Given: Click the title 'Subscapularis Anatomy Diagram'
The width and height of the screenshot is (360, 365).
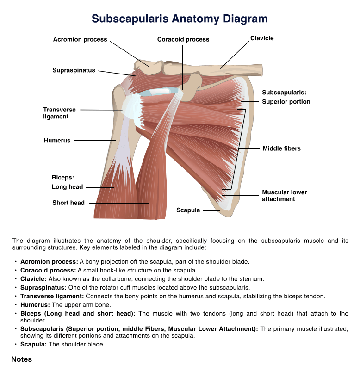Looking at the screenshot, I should pyautogui.click(x=180, y=19).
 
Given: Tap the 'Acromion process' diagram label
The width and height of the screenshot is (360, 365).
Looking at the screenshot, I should pyautogui.click(x=80, y=39).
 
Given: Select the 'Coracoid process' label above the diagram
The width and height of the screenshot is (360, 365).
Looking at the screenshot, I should pyautogui.click(x=183, y=39).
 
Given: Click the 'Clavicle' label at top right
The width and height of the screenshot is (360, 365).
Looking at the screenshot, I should pyautogui.click(x=262, y=38).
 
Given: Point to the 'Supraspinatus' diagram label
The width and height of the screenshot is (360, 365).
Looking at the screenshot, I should pyautogui.click(x=74, y=70).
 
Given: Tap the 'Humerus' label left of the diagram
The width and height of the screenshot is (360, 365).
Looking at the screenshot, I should pyautogui.click(x=57, y=140).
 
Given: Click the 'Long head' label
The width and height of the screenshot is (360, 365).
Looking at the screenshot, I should pyautogui.click(x=68, y=187).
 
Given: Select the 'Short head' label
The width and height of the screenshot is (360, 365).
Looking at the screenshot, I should pyautogui.click(x=68, y=203).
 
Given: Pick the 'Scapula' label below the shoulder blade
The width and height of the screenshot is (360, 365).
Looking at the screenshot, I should pyautogui.click(x=188, y=210).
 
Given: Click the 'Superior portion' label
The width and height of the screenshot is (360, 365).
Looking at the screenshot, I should pyautogui.click(x=286, y=102).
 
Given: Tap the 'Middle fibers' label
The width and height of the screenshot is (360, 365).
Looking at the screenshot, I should pyautogui.click(x=282, y=148).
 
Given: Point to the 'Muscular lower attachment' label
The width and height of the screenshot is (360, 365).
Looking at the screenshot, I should pyautogui.click(x=284, y=196).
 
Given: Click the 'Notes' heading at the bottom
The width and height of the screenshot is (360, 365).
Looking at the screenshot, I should pyautogui.click(x=22, y=359).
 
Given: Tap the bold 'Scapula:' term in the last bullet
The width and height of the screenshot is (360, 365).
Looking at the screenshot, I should pyautogui.click(x=33, y=344).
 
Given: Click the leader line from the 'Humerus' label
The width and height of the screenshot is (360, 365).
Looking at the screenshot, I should pyautogui.click(x=94, y=140).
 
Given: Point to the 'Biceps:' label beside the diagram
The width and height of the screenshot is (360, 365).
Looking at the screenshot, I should pyautogui.click(x=63, y=177).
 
